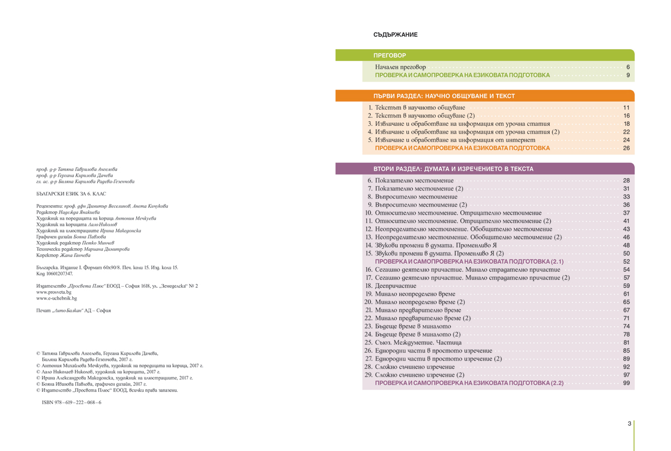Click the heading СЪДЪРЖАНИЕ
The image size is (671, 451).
pos(395,35)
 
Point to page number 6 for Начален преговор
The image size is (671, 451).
pos(628,67)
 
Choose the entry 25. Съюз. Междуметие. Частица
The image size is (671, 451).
pos(413,342)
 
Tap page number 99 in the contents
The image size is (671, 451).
pos(626,383)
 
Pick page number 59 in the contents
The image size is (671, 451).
pos(626,286)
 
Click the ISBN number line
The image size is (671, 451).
pos(72,402)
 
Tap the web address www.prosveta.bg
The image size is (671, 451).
pos(54,292)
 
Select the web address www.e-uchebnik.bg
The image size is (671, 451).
pos(56,298)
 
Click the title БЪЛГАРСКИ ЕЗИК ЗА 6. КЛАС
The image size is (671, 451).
pos(71,193)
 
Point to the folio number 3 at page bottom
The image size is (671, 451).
pos(629,424)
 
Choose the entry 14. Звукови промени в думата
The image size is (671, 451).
pos(431,245)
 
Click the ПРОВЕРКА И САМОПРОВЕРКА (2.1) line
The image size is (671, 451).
pos(469,262)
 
